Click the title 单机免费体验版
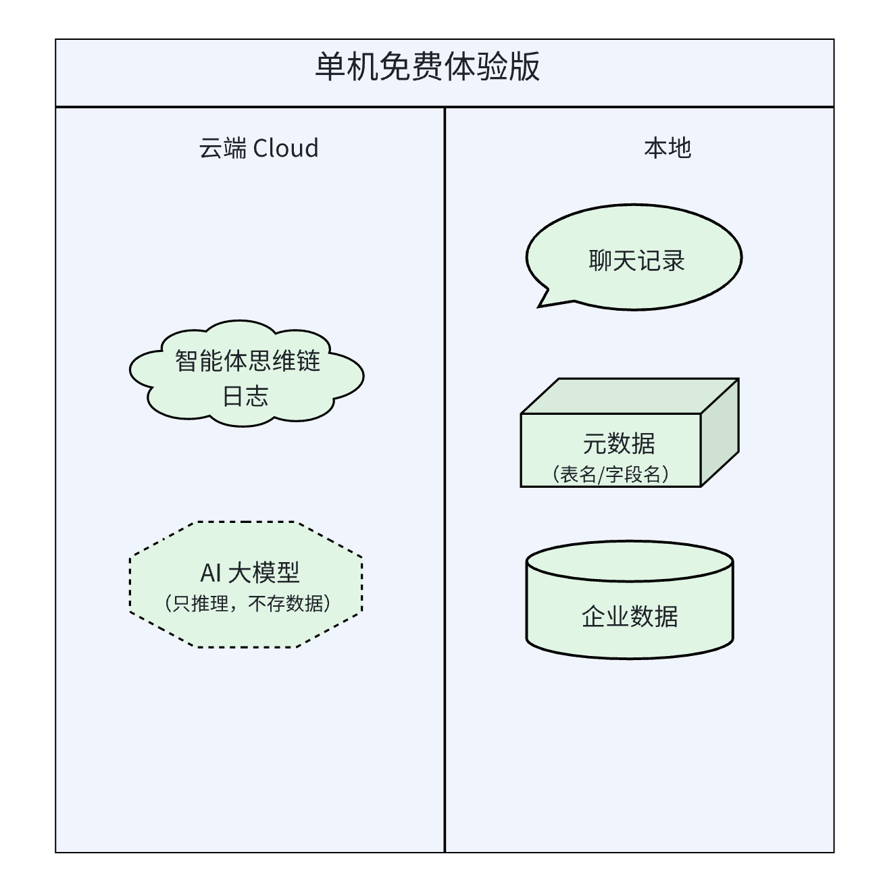click(427, 68)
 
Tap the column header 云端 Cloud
click(258, 148)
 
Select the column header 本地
click(668, 148)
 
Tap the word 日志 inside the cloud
click(246, 396)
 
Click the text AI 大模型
click(249, 573)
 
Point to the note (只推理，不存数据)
click(247, 603)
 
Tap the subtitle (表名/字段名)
click(611, 474)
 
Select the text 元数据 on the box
click(618, 444)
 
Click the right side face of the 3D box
click(720, 432)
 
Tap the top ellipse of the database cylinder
click(630, 561)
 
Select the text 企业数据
click(630, 616)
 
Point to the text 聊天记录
click(636, 260)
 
